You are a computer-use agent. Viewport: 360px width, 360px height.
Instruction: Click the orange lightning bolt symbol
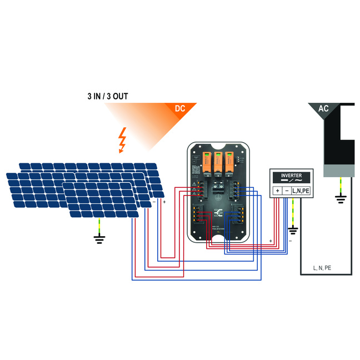pos(123,141)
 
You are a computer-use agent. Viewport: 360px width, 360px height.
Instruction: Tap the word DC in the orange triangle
pos(180,109)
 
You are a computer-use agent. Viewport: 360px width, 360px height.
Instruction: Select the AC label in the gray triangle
pos(323,109)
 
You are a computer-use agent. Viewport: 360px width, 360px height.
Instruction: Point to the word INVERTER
pos(291,174)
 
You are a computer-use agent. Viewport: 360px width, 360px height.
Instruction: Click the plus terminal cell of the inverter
pos(277,191)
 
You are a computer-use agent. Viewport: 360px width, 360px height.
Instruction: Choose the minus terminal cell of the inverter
pos(286,191)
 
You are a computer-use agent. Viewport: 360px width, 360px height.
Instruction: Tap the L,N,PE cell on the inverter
pos(301,191)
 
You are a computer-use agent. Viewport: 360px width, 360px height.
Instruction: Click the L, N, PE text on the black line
pos(323,268)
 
